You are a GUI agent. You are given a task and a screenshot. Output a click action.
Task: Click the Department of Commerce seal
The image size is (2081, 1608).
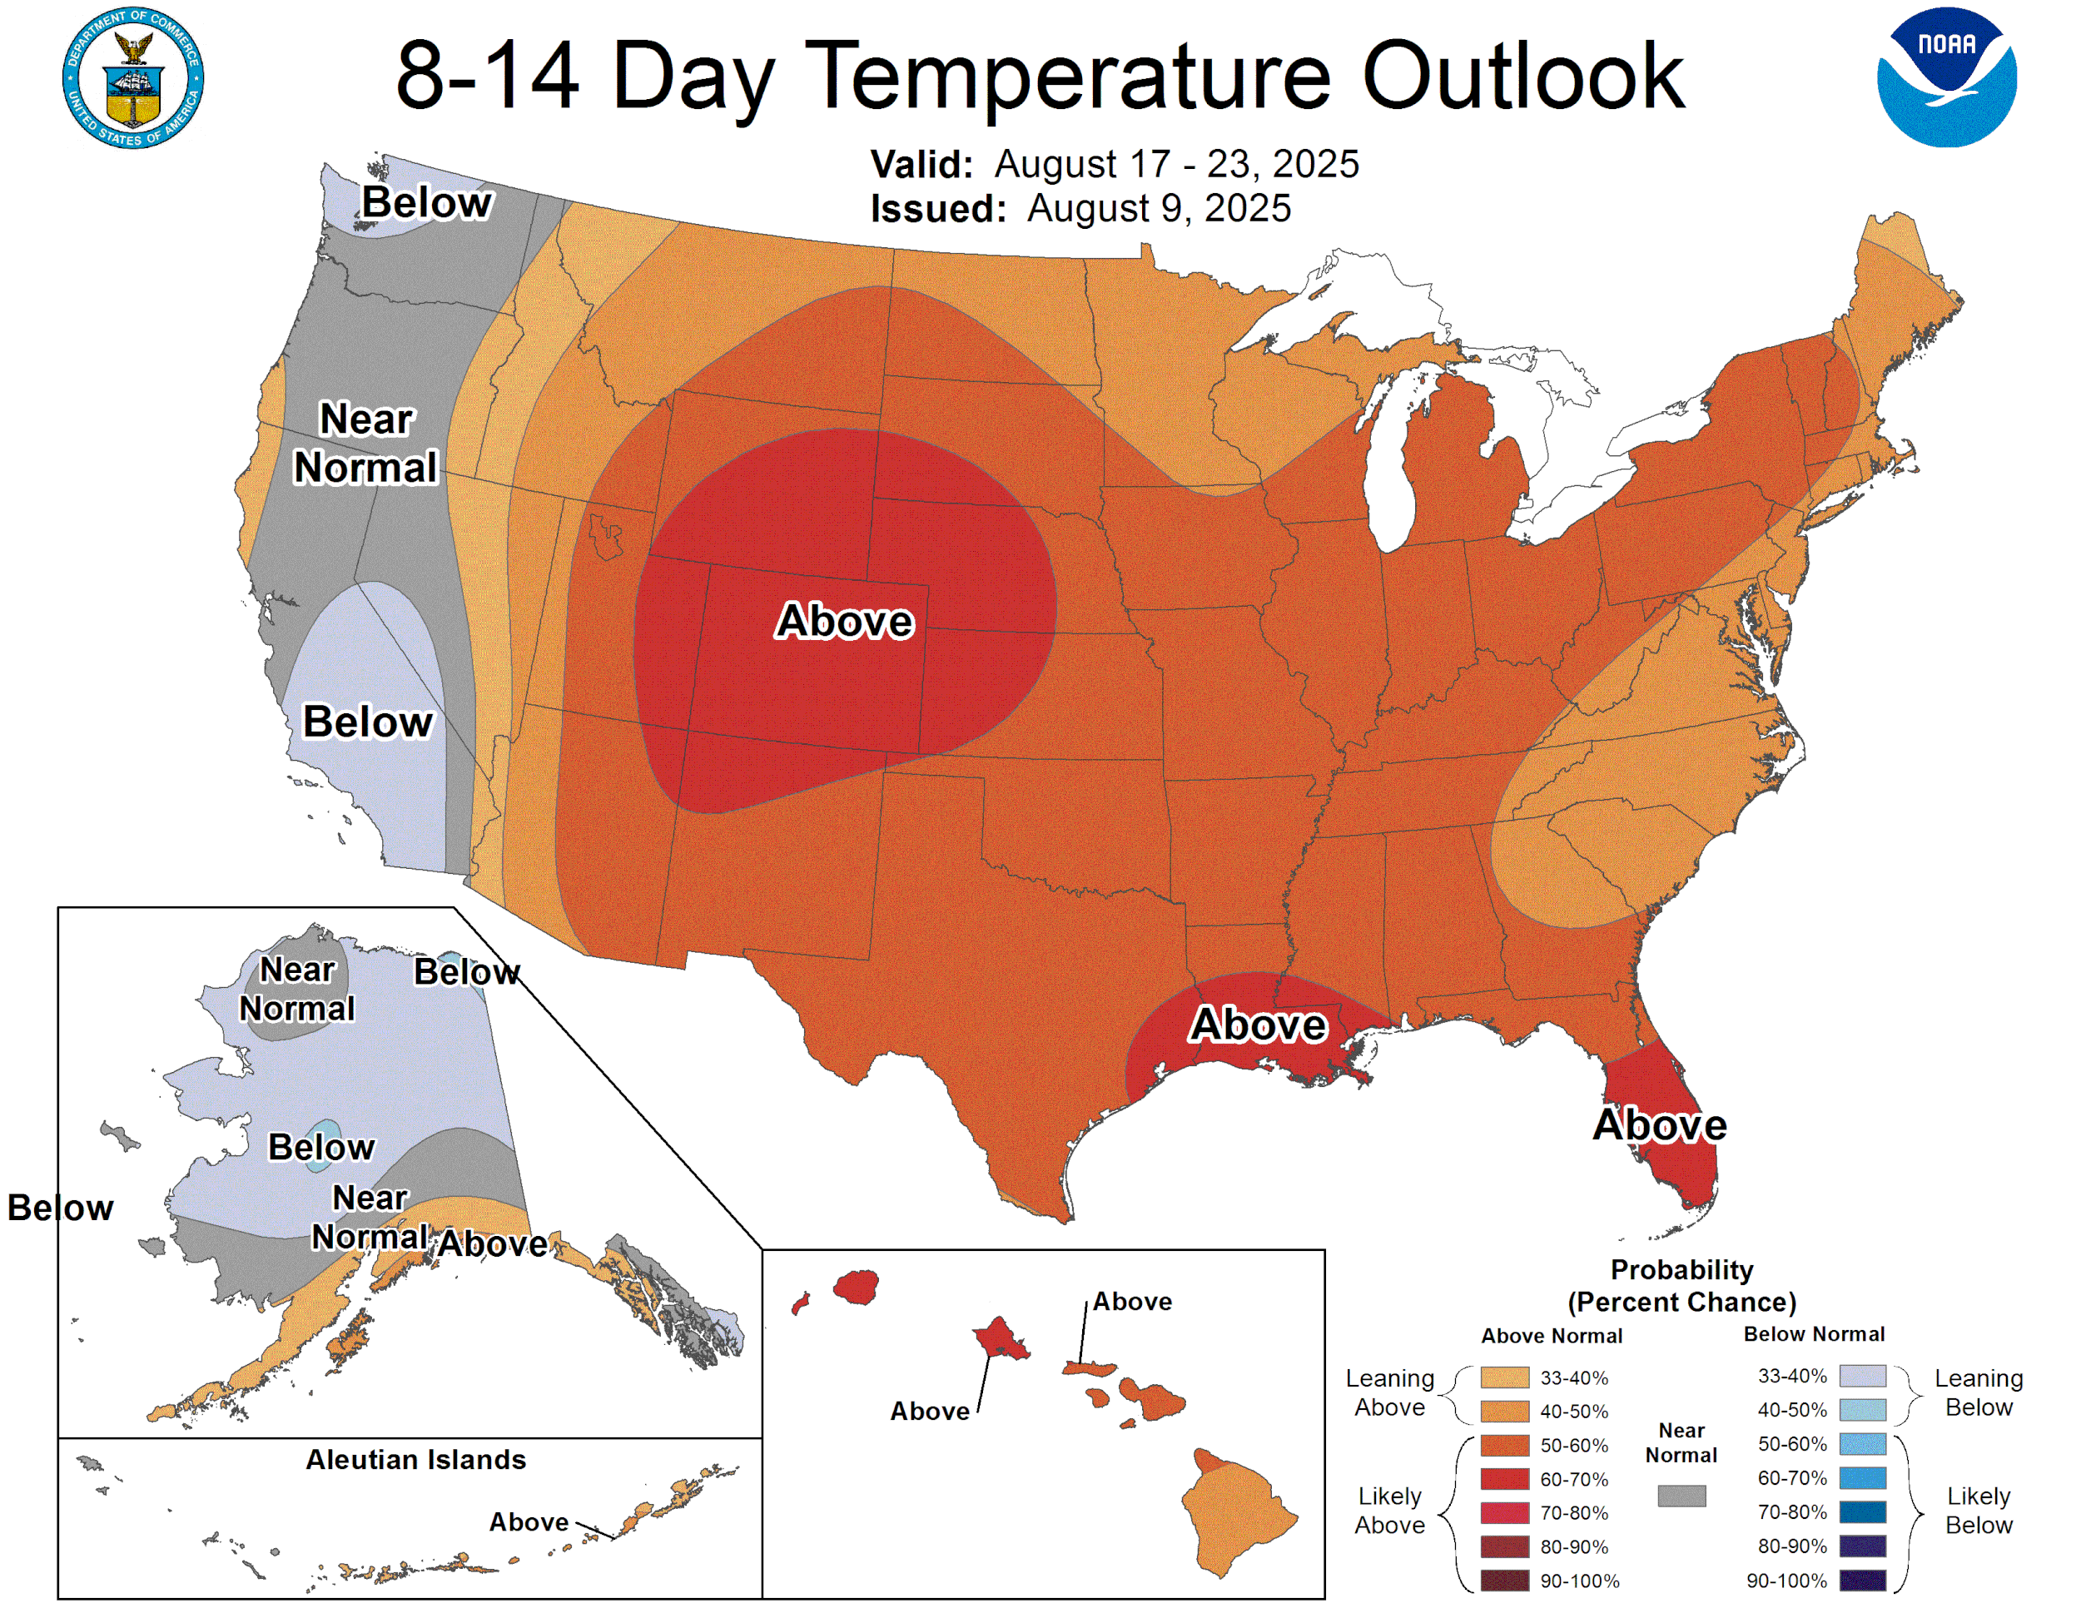(132, 77)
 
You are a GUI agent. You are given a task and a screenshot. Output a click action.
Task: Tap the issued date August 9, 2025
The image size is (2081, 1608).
(1158, 209)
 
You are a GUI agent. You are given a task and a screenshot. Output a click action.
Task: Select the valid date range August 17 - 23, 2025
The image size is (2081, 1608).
(1176, 164)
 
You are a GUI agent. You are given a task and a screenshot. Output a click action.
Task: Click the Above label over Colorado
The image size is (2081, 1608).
(844, 621)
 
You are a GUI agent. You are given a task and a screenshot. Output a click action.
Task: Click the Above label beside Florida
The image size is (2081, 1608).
(1659, 1125)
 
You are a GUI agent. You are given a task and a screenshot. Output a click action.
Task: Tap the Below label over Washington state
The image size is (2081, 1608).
(426, 203)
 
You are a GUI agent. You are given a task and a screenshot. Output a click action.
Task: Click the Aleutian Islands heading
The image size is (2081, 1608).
(415, 1459)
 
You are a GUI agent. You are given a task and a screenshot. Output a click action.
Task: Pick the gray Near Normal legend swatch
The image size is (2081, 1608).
(1681, 1496)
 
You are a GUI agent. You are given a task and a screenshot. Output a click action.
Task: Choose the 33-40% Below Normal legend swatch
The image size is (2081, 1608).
(1862, 1376)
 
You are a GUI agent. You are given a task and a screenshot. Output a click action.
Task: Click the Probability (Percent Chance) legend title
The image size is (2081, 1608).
(1681, 1286)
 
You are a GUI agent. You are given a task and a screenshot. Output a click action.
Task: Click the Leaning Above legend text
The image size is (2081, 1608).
(1389, 1392)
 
